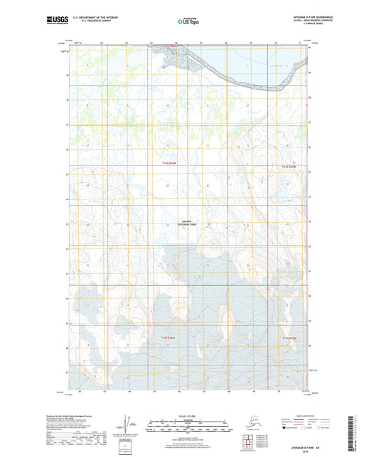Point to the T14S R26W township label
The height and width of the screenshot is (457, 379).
[169, 165]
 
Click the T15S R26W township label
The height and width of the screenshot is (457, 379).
[169, 337]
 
